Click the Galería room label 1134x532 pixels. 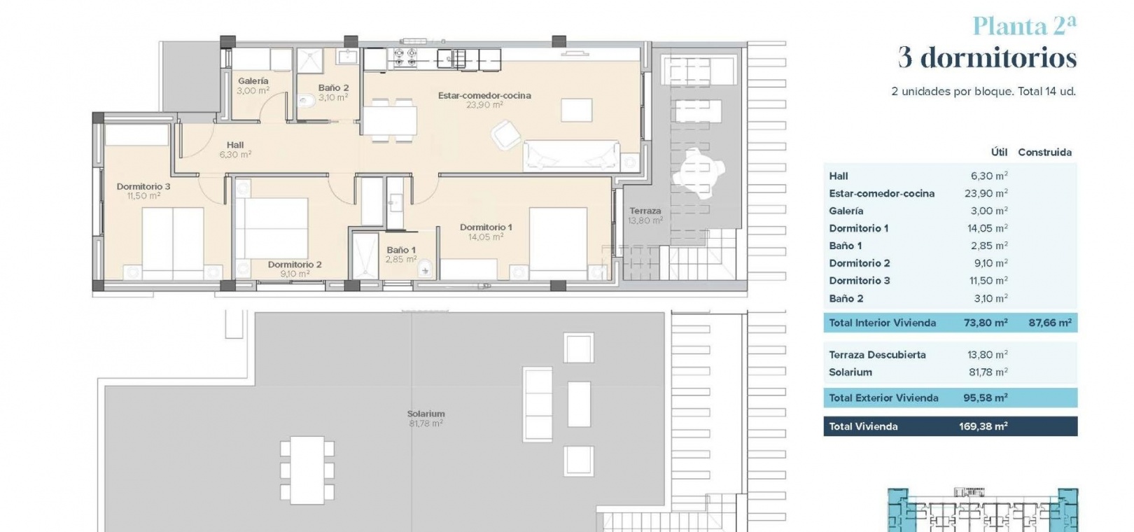[x=253, y=81]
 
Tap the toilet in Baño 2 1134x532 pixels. [x=307, y=101]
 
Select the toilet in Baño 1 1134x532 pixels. [x=425, y=269]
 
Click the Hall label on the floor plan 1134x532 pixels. [x=235, y=145]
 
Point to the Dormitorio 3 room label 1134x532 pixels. [x=143, y=186]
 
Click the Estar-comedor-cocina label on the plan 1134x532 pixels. [x=484, y=95]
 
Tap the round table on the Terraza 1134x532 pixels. [x=699, y=173]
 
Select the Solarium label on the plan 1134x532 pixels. [x=426, y=414]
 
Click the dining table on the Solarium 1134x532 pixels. [x=307, y=470]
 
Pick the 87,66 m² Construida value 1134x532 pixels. [x=1050, y=323]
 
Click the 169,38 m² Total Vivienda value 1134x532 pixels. [x=983, y=426]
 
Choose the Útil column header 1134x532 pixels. [x=999, y=152]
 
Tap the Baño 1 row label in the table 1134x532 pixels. [x=846, y=246]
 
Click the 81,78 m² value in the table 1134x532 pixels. [x=988, y=372]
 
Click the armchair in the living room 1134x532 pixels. [x=505, y=134]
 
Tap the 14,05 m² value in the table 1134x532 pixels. [x=987, y=228]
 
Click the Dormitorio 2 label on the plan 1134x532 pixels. [x=295, y=264]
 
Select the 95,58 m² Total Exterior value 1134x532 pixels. [x=985, y=398]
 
